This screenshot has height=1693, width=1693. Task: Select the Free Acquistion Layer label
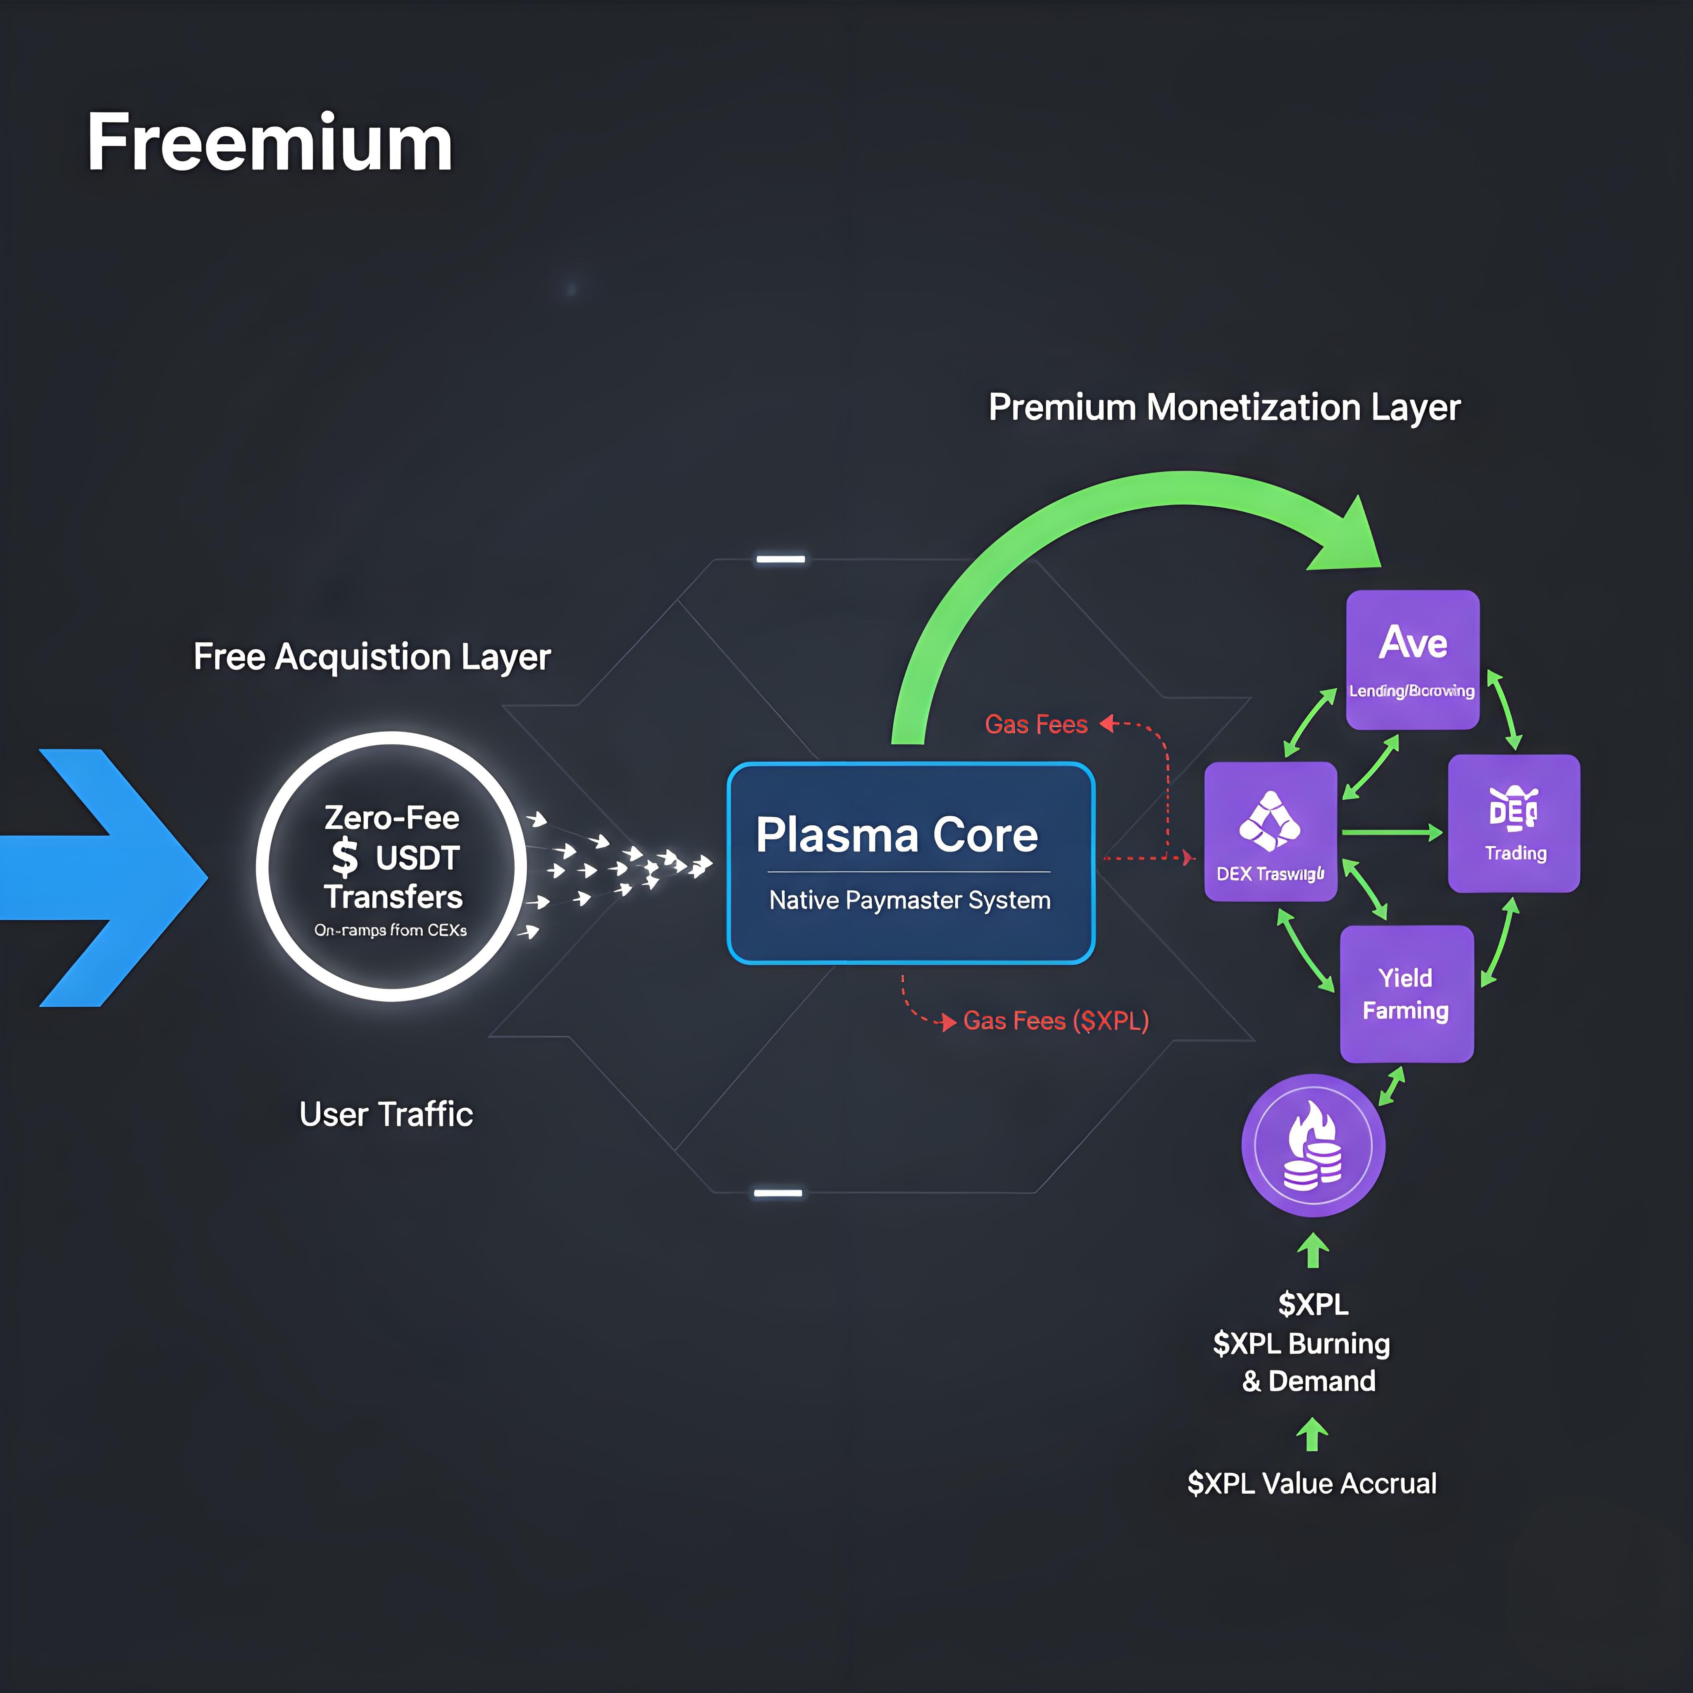372,656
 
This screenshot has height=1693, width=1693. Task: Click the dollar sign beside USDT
344,857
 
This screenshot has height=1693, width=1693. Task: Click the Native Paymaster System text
910,900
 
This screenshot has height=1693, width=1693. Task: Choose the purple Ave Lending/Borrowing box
1412,659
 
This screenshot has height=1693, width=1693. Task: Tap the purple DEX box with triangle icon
1270,831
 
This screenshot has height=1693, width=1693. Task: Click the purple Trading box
1513,823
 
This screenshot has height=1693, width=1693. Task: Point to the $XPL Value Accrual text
1311,1483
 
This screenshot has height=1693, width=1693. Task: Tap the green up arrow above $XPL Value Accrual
1312,1435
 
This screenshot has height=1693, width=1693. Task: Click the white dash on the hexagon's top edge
780,559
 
